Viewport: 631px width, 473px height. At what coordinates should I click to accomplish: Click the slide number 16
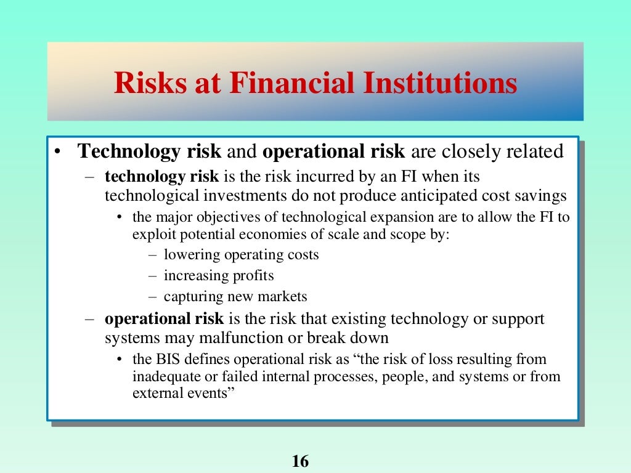pyautogui.click(x=300, y=461)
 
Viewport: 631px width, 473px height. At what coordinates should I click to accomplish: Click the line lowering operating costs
pyautogui.click(x=241, y=255)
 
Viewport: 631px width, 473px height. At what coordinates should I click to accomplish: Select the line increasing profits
pyautogui.click(x=219, y=275)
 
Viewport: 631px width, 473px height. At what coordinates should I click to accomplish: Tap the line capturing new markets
pyautogui.click(x=235, y=296)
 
